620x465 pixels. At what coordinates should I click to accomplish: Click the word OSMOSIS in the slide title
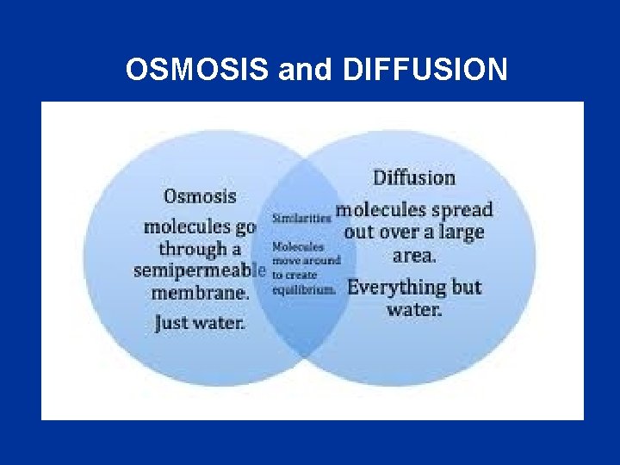198,70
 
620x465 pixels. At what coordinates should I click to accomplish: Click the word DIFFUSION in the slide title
425,70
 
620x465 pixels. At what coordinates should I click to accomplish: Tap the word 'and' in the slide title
306,70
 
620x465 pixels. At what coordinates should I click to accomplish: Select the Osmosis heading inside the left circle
200,196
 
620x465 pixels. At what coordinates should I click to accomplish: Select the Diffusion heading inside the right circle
413,178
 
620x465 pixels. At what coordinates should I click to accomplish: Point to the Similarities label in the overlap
301,219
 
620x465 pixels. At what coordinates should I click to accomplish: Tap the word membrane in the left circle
201,292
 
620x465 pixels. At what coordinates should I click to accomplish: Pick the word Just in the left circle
172,324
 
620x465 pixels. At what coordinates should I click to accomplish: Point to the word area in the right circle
413,256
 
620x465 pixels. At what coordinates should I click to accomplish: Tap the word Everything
395,288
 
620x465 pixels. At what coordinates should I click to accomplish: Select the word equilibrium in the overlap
303,289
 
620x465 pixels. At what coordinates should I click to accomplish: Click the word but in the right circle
466,288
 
